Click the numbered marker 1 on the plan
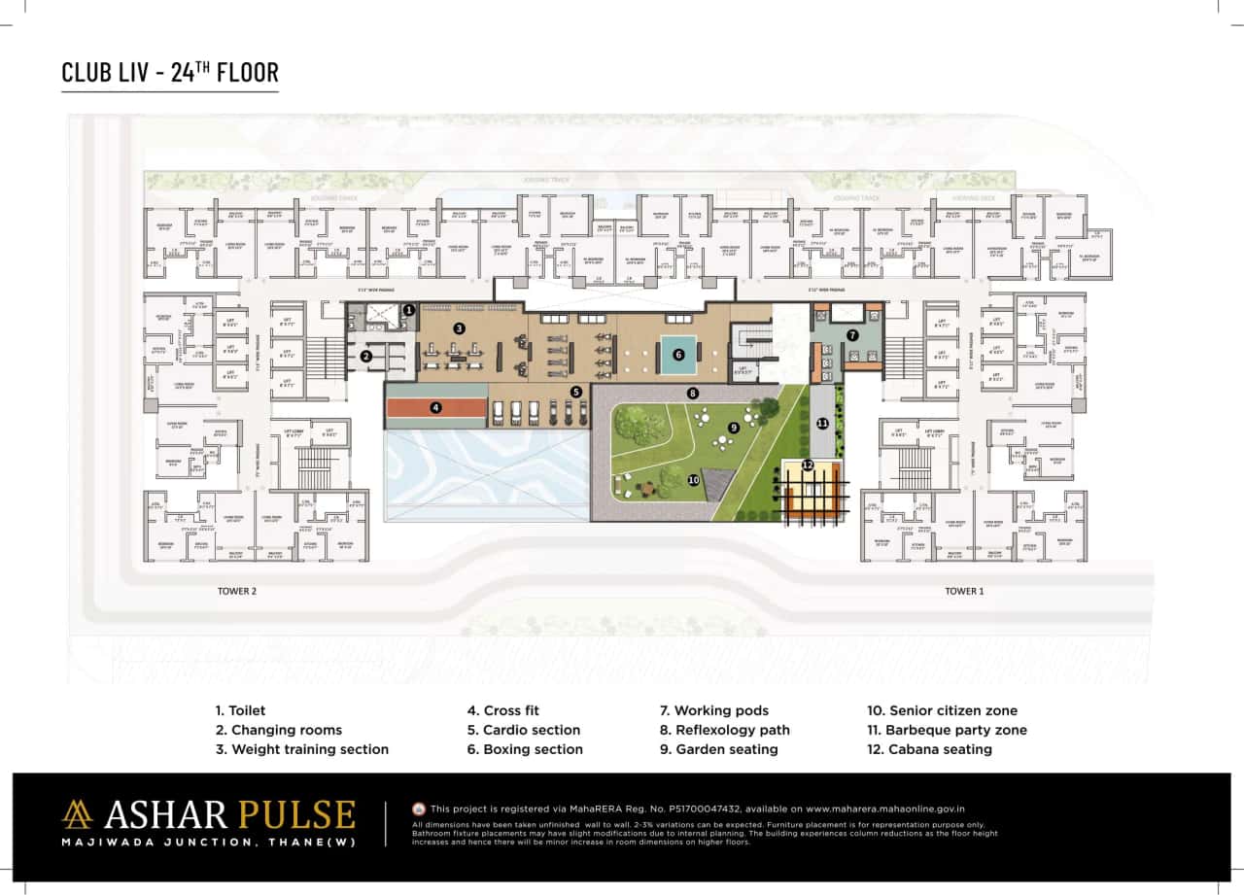click(x=409, y=310)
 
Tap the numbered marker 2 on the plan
click(x=366, y=357)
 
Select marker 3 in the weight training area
click(x=459, y=329)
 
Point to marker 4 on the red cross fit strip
click(x=436, y=408)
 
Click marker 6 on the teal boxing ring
click(x=678, y=355)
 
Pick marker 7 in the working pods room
click(x=852, y=334)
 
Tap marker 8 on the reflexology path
click(x=692, y=394)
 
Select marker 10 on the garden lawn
click(x=693, y=479)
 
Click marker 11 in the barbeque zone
click(x=822, y=424)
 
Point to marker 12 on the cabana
click(x=808, y=465)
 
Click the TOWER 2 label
click(x=238, y=591)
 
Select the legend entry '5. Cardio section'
click(x=524, y=730)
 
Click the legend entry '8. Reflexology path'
click(x=724, y=730)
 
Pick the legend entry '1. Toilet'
click(x=240, y=710)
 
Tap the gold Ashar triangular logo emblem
click(x=78, y=814)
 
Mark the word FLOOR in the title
click(x=246, y=73)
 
